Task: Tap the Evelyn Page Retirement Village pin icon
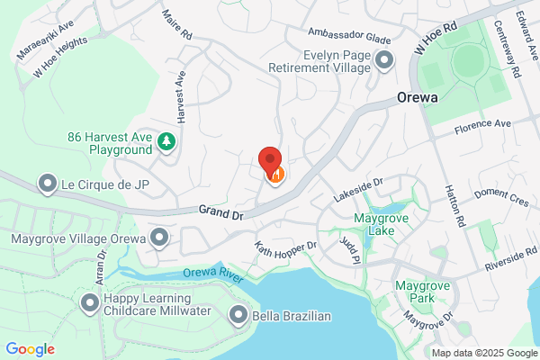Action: [x=385, y=61]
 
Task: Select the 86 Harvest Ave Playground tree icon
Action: [x=166, y=141]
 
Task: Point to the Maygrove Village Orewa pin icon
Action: [x=159, y=238]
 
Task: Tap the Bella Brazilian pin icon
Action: [x=238, y=315]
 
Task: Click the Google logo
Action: [x=31, y=349]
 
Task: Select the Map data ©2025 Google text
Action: [x=483, y=352]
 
